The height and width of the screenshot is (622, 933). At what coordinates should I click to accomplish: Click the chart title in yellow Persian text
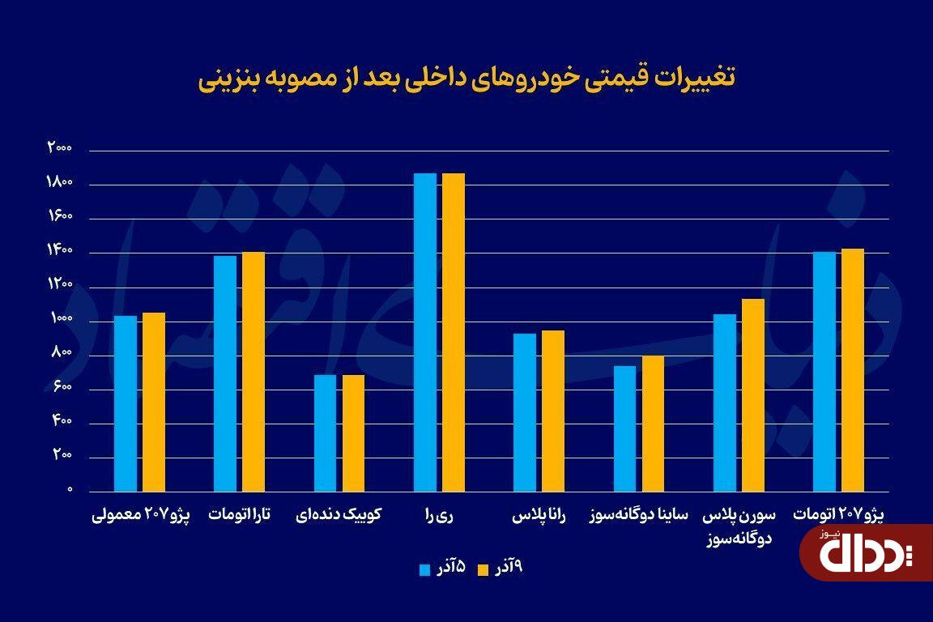(x=466, y=79)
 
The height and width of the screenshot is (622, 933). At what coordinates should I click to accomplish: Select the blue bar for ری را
(x=425, y=332)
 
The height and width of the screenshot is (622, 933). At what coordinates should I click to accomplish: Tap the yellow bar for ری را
(x=454, y=332)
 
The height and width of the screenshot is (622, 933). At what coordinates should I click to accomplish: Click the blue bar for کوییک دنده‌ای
(x=325, y=433)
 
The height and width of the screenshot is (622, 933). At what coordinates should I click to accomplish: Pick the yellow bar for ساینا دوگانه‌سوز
(x=653, y=424)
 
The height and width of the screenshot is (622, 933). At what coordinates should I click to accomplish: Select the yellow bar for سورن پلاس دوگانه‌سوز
(x=752, y=395)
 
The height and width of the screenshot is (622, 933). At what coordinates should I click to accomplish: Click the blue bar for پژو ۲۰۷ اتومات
(x=824, y=372)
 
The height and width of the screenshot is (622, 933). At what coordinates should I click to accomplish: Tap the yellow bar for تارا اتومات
(x=253, y=372)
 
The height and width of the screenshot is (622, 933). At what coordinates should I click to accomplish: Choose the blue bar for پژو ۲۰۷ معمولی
(x=126, y=403)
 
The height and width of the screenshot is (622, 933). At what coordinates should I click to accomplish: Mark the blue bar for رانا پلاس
(x=525, y=412)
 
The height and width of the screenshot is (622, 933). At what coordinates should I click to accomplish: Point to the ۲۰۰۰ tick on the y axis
(x=60, y=148)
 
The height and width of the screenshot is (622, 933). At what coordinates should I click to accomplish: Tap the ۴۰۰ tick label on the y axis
(x=62, y=422)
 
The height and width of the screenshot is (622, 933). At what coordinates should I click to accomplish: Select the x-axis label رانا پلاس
(x=539, y=515)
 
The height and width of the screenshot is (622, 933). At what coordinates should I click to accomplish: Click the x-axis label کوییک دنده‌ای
(x=339, y=515)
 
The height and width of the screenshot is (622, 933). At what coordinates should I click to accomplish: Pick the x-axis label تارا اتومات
(x=240, y=515)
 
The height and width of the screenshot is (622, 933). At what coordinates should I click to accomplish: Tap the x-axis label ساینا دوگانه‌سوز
(x=638, y=515)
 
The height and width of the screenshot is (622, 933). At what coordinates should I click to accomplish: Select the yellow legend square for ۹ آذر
(x=484, y=569)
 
